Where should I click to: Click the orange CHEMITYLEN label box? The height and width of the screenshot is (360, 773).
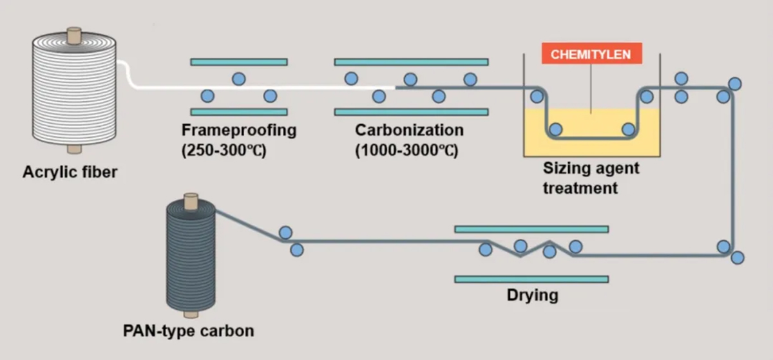[x=591, y=55]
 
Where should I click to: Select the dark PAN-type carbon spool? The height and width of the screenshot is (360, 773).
[x=191, y=260]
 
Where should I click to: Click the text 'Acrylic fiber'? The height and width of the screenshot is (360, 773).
[x=70, y=172]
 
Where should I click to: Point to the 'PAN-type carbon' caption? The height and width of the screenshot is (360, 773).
[x=187, y=332]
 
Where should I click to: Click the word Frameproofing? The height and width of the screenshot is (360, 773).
[x=238, y=130]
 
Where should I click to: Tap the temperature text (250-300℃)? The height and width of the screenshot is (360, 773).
[x=224, y=152]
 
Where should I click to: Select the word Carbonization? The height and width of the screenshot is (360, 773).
[x=409, y=130]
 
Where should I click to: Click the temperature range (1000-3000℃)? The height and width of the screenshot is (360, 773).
[x=406, y=152]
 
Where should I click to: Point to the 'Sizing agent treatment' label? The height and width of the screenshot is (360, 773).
[x=591, y=178]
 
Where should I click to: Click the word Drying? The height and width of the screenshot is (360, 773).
[x=531, y=296]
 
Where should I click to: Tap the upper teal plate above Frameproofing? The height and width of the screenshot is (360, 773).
[x=238, y=62]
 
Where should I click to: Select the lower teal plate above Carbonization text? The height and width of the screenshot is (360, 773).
[x=411, y=112]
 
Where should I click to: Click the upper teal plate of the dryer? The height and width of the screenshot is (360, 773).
[x=531, y=229]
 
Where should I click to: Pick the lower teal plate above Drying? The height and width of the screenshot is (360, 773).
[x=531, y=279]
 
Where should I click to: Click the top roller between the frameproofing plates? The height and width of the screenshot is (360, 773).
[x=238, y=79]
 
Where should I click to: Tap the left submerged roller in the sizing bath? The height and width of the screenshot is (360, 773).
[x=556, y=129]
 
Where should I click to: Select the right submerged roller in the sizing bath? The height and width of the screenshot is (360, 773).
[x=628, y=129]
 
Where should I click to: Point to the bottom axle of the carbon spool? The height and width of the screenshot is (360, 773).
[x=191, y=315]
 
